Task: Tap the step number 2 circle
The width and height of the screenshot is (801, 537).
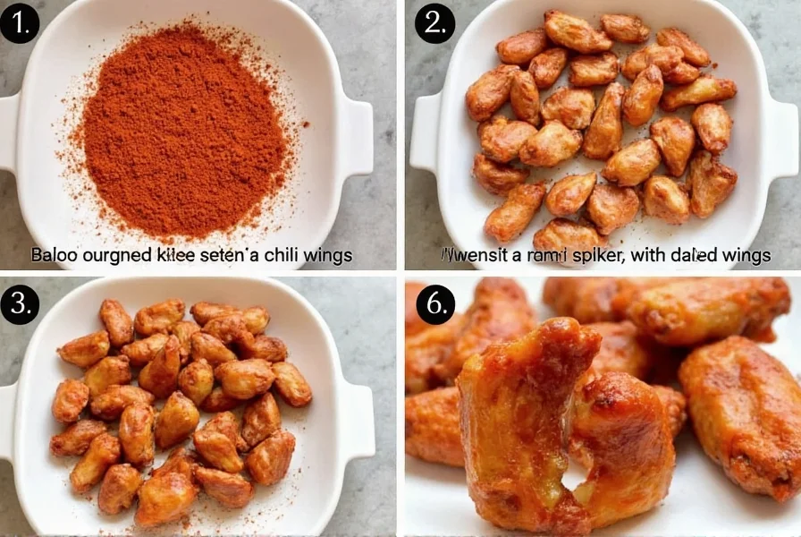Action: click(434, 22)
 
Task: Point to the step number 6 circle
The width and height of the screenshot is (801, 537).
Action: click(434, 305)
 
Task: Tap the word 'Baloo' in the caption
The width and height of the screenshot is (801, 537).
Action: click(53, 255)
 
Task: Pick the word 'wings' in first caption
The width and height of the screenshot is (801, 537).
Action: click(329, 255)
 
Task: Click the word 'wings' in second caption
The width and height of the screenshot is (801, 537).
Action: click(746, 255)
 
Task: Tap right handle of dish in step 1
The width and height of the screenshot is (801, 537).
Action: click(359, 134)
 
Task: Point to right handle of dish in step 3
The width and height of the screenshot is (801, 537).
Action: click(359, 421)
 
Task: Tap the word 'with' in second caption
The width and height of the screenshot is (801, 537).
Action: click(651, 255)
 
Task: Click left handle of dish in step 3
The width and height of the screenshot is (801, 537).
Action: click(7, 421)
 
